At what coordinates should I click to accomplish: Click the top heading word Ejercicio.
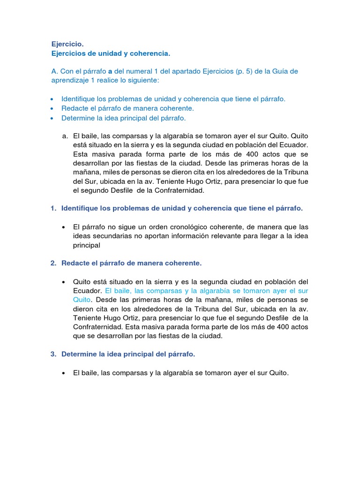point(67,44)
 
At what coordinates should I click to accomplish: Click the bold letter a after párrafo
point(110,71)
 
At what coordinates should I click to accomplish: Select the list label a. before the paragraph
point(65,135)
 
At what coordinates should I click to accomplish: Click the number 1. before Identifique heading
point(53,208)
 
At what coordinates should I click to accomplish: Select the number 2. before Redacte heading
point(53,263)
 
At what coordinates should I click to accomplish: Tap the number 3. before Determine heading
point(53,354)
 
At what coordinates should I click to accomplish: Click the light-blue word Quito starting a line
point(82,300)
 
